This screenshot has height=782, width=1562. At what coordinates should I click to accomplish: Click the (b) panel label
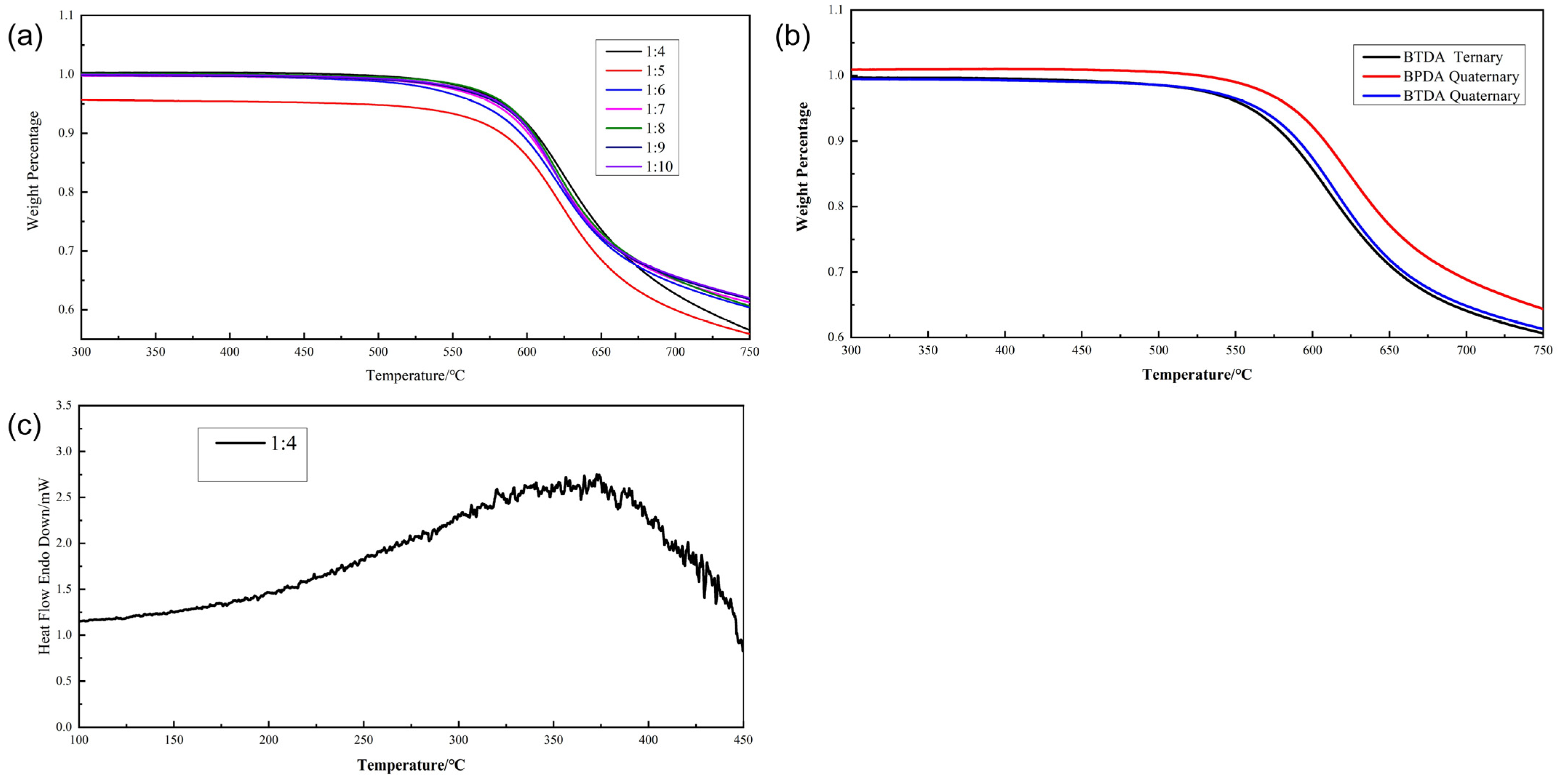tap(792, 37)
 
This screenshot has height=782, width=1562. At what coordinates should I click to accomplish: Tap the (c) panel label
tap(24, 427)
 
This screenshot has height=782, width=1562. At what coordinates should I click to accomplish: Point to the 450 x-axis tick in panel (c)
tap(743, 740)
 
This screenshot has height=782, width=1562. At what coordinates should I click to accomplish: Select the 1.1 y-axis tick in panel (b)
tap(836, 10)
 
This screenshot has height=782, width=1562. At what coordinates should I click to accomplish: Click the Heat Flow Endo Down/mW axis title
tap(44, 566)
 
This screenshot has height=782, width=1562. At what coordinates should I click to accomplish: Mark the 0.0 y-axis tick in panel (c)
tap(64, 727)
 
